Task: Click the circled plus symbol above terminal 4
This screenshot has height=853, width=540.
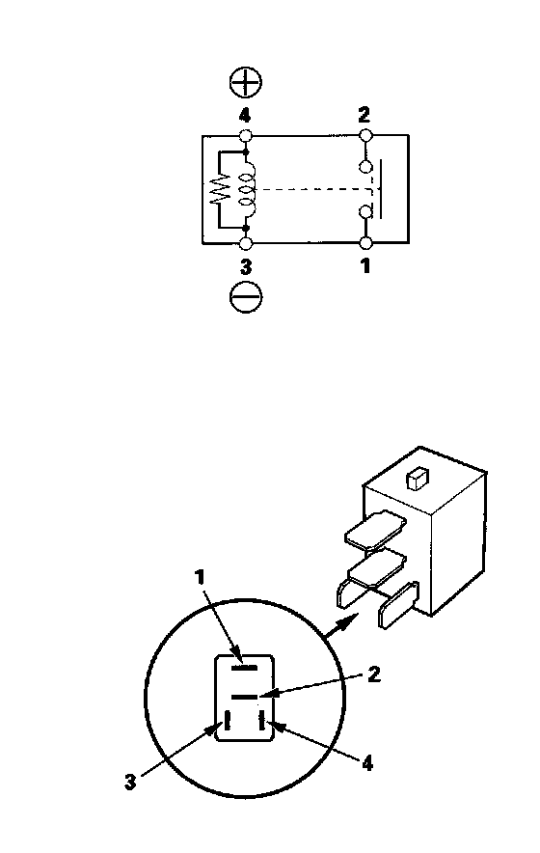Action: (x=245, y=83)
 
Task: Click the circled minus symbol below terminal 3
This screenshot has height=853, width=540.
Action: (x=246, y=297)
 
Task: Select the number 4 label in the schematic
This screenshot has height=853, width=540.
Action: (x=245, y=116)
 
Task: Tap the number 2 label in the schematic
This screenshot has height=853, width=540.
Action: (x=364, y=115)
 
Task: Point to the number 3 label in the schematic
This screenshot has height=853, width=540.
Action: (x=246, y=267)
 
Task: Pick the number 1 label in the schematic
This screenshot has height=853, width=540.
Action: (x=365, y=266)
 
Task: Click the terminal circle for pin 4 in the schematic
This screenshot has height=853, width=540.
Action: (x=246, y=135)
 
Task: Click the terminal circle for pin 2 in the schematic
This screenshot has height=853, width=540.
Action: (x=365, y=134)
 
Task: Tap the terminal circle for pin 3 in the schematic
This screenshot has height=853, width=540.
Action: (x=246, y=243)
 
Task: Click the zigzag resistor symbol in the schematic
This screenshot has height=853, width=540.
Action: (x=221, y=189)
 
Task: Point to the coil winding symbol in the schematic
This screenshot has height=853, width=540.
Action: (x=248, y=189)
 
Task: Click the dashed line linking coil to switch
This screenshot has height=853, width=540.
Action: (x=315, y=189)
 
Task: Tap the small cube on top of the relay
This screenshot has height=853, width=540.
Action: (x=418, y=479)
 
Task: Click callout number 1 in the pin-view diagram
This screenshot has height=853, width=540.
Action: (x=201, y=577)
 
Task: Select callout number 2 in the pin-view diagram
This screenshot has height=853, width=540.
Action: (x=373, y=674)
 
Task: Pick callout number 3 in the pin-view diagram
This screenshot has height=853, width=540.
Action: (x=130, y=783)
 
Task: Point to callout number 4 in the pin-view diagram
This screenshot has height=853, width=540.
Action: (x=367, y=764)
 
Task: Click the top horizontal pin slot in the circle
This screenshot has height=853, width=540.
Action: (x=244, y=667)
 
